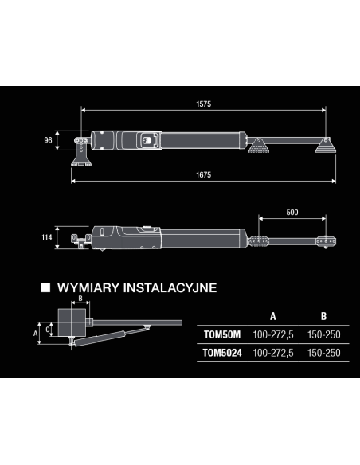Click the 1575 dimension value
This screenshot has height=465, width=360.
coord(203,104)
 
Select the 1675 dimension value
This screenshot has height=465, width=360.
coord(203,174)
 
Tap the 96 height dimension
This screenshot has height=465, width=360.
coord(48,140)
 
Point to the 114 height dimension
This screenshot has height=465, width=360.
coord(46,237)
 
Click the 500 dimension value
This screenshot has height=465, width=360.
coord(292,213)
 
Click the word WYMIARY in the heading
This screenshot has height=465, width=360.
coord(88,288)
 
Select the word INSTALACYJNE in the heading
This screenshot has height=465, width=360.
coord(170,288)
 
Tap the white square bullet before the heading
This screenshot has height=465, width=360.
coord(45,287)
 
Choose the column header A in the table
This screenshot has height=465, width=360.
coord(273,316)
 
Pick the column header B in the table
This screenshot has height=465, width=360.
coord(323,316)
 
